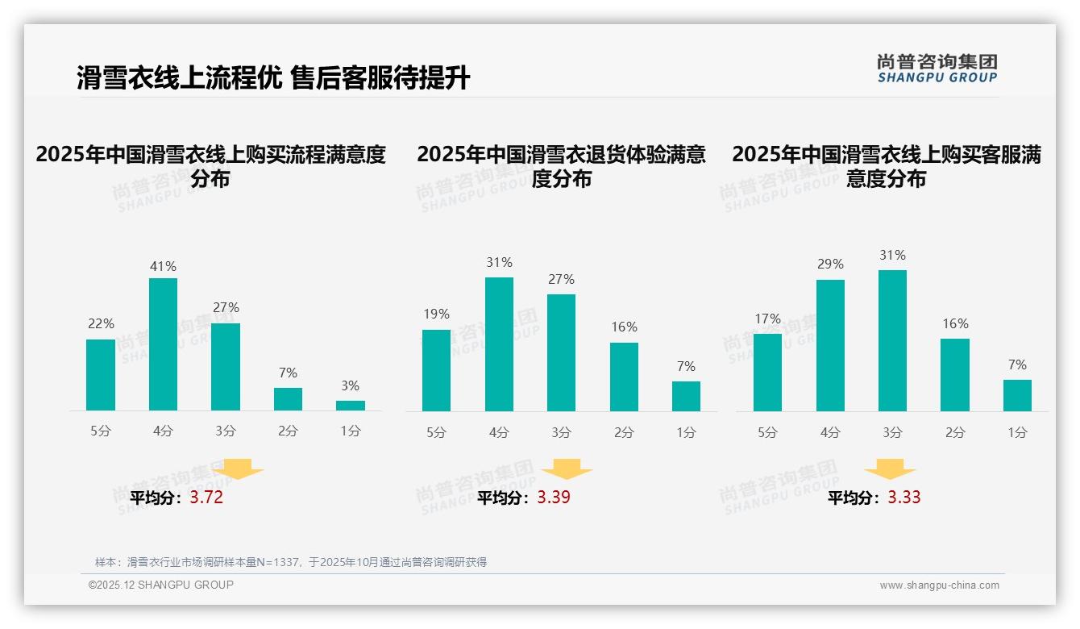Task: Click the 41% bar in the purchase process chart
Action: pyautogui.click(x=164, y=344)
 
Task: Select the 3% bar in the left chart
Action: pyautogui.click(x=351, y=406)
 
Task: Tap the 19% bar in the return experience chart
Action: pyautogui.click(x=436, y=370)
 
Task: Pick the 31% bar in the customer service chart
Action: pyautogui.click(x=892, y=340)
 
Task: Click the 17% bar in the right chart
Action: pyautogui.click(x=767, y=372)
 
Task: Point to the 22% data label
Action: pyautogui.click(x=101, y=323)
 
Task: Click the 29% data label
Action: pyautogui.click(x=830, y=264)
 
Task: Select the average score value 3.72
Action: pyautogui.click(x=206, y=498)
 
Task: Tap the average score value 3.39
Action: pyautogui.click(x=554, y=498)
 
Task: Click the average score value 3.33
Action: pyautogui.click(x=903, y=498)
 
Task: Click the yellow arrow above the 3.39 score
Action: pyautogui.click(x=567, y=469)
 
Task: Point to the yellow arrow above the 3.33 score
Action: pyautogui.click(x=890, y=469)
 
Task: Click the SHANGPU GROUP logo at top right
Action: pyautogui.click(x=937, y=69)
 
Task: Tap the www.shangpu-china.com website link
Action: pyautogui.click(x=939, y=585)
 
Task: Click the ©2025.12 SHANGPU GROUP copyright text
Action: pyautogui.click(x=161, y=585)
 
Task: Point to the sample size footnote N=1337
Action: pyautogui.click(x=291, y=562)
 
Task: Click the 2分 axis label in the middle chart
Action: pyautogui.click(x=624, y=432)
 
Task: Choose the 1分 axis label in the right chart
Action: pyautogui.click(x=1017, y=432)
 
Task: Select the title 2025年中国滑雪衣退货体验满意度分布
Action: pyautogui.click(x=562, y=166)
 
